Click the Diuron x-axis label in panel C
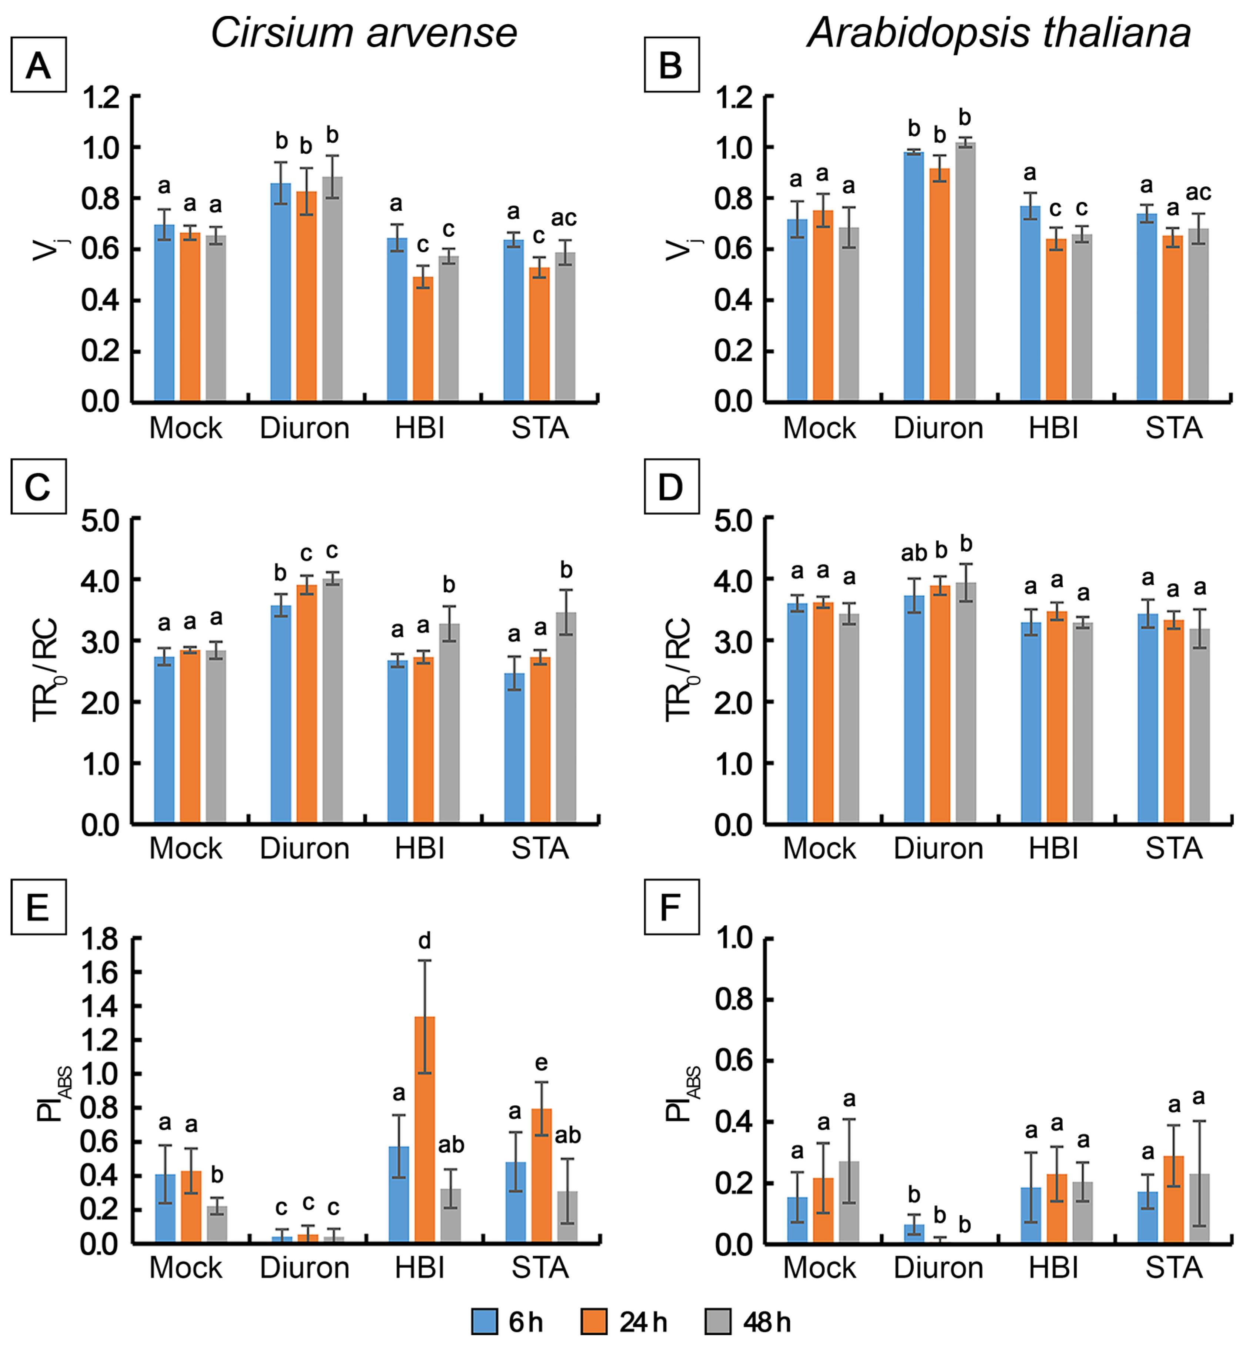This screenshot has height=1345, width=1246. [x=305, y=848]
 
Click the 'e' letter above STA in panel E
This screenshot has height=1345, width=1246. [x=541, y=1063]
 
